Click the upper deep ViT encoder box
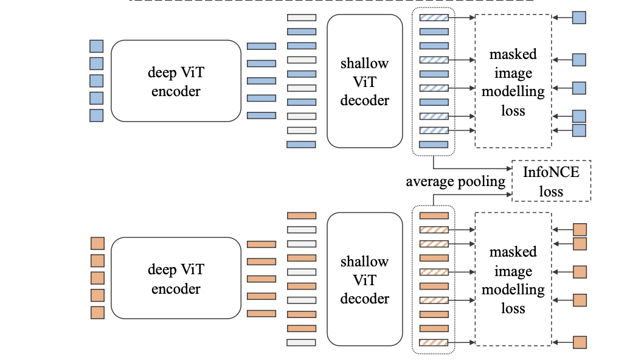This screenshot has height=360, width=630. [x=176, y=81]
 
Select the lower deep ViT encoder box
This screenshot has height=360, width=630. [x=176, y=278]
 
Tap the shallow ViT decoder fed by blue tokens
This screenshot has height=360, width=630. [x=364, y=81]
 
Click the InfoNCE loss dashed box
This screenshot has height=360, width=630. [x=552, y=181]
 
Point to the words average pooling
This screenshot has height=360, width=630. [x=455, y=182]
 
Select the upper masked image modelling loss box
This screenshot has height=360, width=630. [x=513, y=81]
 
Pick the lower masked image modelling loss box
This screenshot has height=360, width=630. [x=513, y=279]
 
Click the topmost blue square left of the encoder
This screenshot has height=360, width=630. [x=97, y=46]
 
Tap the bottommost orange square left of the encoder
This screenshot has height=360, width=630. [x=97, y=313]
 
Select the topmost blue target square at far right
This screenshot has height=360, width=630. [x=579, y=18]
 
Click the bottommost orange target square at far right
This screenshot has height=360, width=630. [x=580, y=342]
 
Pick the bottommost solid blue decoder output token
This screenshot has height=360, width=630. [x=434, y=145]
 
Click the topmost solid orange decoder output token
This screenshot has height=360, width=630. [x=434, y=215]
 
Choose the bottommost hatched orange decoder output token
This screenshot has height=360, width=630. [x=434, y=342]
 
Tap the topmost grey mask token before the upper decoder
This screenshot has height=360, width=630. [x=302, y=18]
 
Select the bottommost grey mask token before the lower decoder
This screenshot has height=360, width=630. [x=302, y=342]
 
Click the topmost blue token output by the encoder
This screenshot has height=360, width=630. [x=261, y=46]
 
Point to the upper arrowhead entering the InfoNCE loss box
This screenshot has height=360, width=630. [x=508, y=168]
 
